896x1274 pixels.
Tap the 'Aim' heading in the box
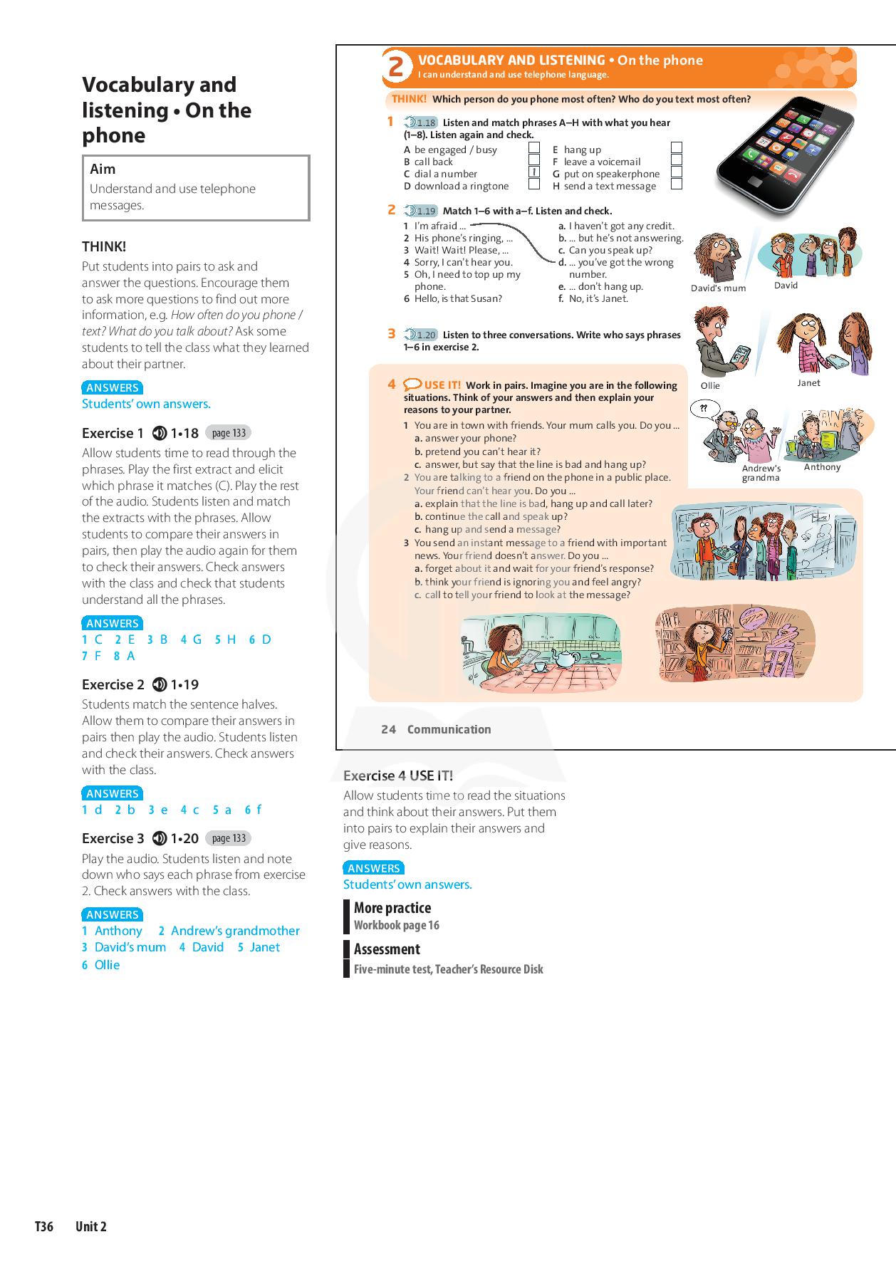[103, 169]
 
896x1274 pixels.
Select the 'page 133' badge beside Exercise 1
[229, 433]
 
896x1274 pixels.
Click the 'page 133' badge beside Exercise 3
[229, 838]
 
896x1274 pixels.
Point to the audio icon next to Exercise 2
[160, 685]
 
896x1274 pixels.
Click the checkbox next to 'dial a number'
[533, 172]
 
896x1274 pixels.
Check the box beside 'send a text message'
[677, 184]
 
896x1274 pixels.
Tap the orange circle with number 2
[397, 68]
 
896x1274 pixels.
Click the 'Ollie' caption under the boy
[710, 386]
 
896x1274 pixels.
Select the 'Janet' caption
[808, 383]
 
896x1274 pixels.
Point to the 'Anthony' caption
[822, 467]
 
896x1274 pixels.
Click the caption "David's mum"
[718, 288]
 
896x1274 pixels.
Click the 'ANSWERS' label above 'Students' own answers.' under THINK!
[112, 388]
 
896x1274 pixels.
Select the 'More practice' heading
[392, 908]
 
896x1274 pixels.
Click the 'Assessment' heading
[387, 949]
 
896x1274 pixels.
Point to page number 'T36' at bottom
[44, 1226]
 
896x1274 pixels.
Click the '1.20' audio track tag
[422, 335]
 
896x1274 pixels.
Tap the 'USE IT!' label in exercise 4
[442, 385]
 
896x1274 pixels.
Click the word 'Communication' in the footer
[449, 729]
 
